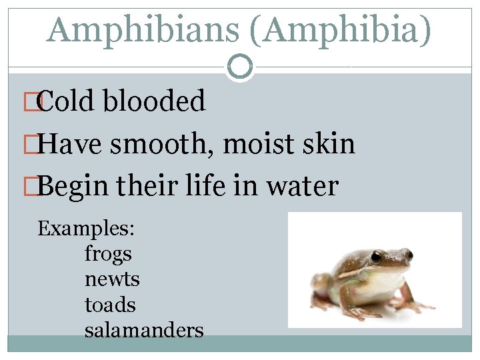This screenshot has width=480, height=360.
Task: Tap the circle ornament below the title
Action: point(239,67)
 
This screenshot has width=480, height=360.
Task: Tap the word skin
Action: point(329,144)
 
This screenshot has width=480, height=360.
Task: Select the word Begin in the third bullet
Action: point(73,187)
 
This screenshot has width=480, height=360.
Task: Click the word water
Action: point(303,187)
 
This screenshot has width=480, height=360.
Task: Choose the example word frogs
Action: point(108,254)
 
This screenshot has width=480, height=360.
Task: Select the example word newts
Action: point(112,279)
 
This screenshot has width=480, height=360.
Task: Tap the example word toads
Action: point(110,305)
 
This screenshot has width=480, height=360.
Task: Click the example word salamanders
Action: point(144,330)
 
